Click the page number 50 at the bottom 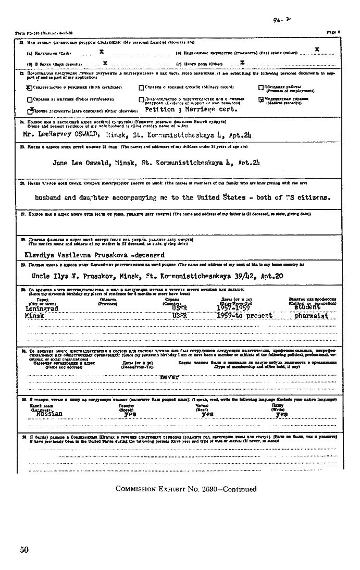point(24,549)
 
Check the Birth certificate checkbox point(30,88)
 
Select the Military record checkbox point(141,88)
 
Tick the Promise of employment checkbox point(261,88)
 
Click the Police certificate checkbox point(30,99)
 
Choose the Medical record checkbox point(261,99)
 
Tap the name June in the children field point(62,163)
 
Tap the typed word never point(170,376)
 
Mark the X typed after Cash point(101,52)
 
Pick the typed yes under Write point(281,414)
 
